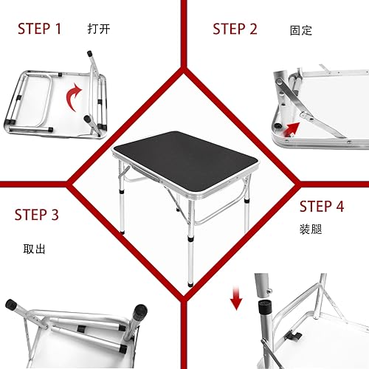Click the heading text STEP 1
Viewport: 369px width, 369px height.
coord(40,30)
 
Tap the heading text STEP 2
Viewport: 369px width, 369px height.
coord(235,30)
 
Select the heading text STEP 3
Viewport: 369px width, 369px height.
coord(37,215)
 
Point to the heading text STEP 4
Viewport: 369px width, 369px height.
coord(322,207)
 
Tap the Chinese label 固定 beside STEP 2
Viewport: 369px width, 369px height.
coord(300,31)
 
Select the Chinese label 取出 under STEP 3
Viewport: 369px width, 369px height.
coord(35,249)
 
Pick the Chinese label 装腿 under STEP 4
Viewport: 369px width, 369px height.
coord(310,230)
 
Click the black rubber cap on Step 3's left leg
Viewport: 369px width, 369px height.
coord(12,305)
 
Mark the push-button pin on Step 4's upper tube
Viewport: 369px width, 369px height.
coord(263,280)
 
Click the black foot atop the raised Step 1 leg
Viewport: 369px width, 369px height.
coord(90,54)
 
